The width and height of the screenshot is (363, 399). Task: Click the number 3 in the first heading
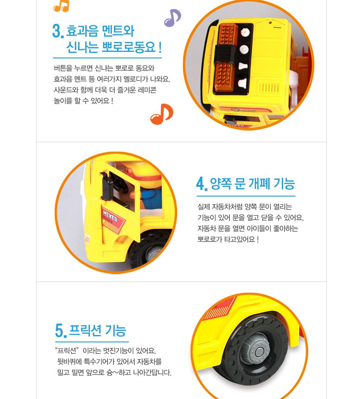click(57, 32)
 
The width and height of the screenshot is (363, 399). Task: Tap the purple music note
click(172, 18)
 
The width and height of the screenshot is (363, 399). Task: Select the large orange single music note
click(162, 114)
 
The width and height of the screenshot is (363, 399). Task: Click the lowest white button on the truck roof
click(241, 83)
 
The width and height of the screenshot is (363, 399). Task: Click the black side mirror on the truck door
click(107, 185)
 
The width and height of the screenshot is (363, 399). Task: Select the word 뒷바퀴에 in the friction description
click(69, 362)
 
